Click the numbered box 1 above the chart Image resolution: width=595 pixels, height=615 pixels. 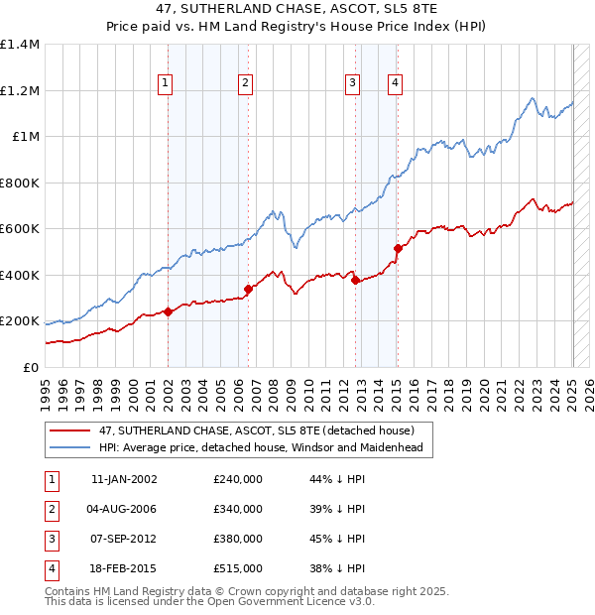click(165, 84)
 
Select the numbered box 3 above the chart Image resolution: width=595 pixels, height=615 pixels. click(352, 84)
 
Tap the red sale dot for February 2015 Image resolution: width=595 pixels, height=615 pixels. click(397, 248)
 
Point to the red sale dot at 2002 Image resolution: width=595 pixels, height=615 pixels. click(168, 311)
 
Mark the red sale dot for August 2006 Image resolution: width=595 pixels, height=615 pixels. click(248, 289)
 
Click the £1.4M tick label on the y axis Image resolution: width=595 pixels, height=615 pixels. click(20, 45)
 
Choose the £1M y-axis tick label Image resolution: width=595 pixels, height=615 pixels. click(26, 137)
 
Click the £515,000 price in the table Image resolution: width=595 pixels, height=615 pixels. click(238, 568)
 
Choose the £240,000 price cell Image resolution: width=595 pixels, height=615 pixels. click(238, 479)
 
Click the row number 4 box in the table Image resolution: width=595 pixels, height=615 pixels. click(50, 568)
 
